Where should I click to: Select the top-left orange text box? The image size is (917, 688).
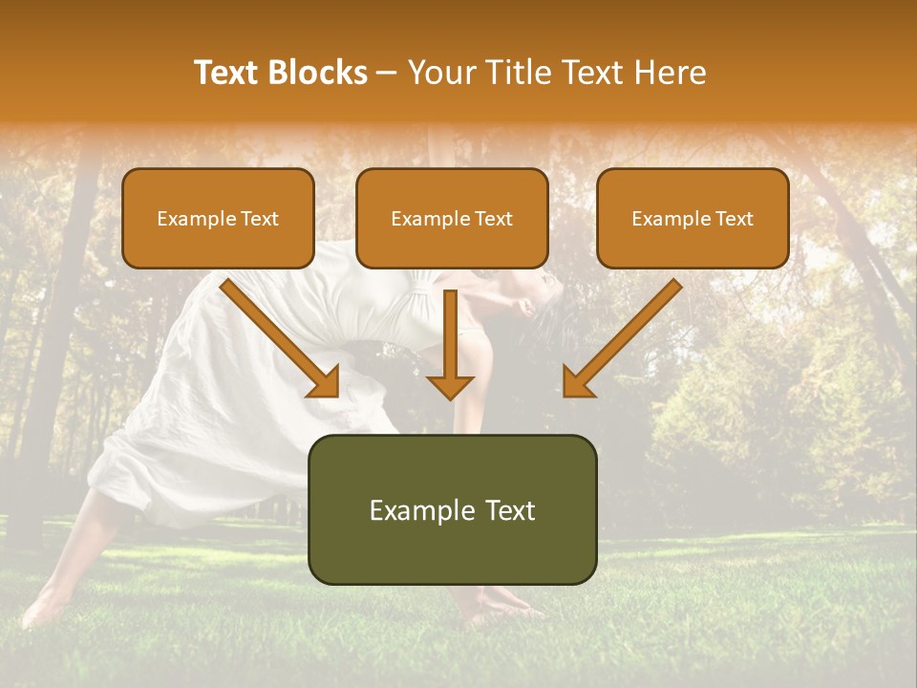pyautogui.click(x=218, y=218)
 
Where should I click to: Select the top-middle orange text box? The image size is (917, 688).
pyautogui.click(x=452, y=218)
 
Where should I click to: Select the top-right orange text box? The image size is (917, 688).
pyautogui.click(x=693, y=218)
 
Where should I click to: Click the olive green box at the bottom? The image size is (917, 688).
pyautogui.click(x=452, y=509)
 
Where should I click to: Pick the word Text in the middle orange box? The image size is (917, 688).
pyautogui.click(x=493, y=219)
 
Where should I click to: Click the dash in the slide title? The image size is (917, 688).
pyautogui.click(x=387, y=74)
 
